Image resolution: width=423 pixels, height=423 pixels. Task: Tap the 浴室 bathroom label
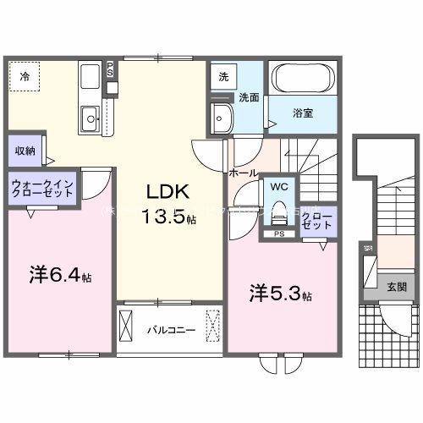click(x=304, y=109)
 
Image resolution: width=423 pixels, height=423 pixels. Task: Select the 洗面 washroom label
click(x=249, y=96)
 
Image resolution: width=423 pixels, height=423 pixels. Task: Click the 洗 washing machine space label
click(x=223, y=76)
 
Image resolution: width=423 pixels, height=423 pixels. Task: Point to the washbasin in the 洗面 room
click(x=222, y=118)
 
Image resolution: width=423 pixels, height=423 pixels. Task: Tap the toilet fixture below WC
click(x=276, y=211)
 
